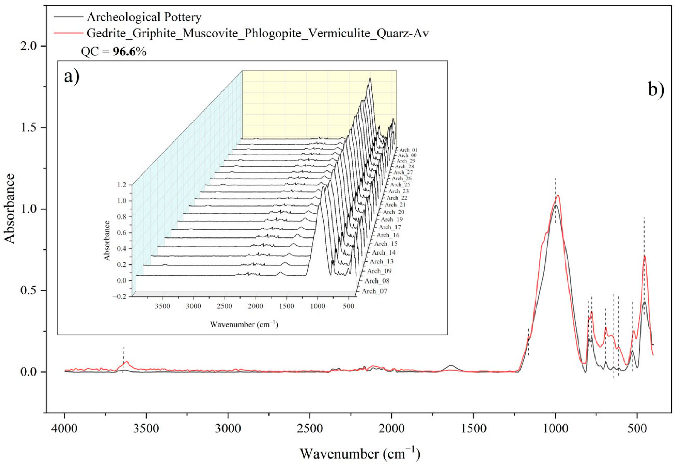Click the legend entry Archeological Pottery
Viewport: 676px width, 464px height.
(144, 17)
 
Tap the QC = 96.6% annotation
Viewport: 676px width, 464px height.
(113, 52)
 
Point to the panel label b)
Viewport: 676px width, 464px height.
(656, 90)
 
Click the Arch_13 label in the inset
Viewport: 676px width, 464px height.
(381, 261)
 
